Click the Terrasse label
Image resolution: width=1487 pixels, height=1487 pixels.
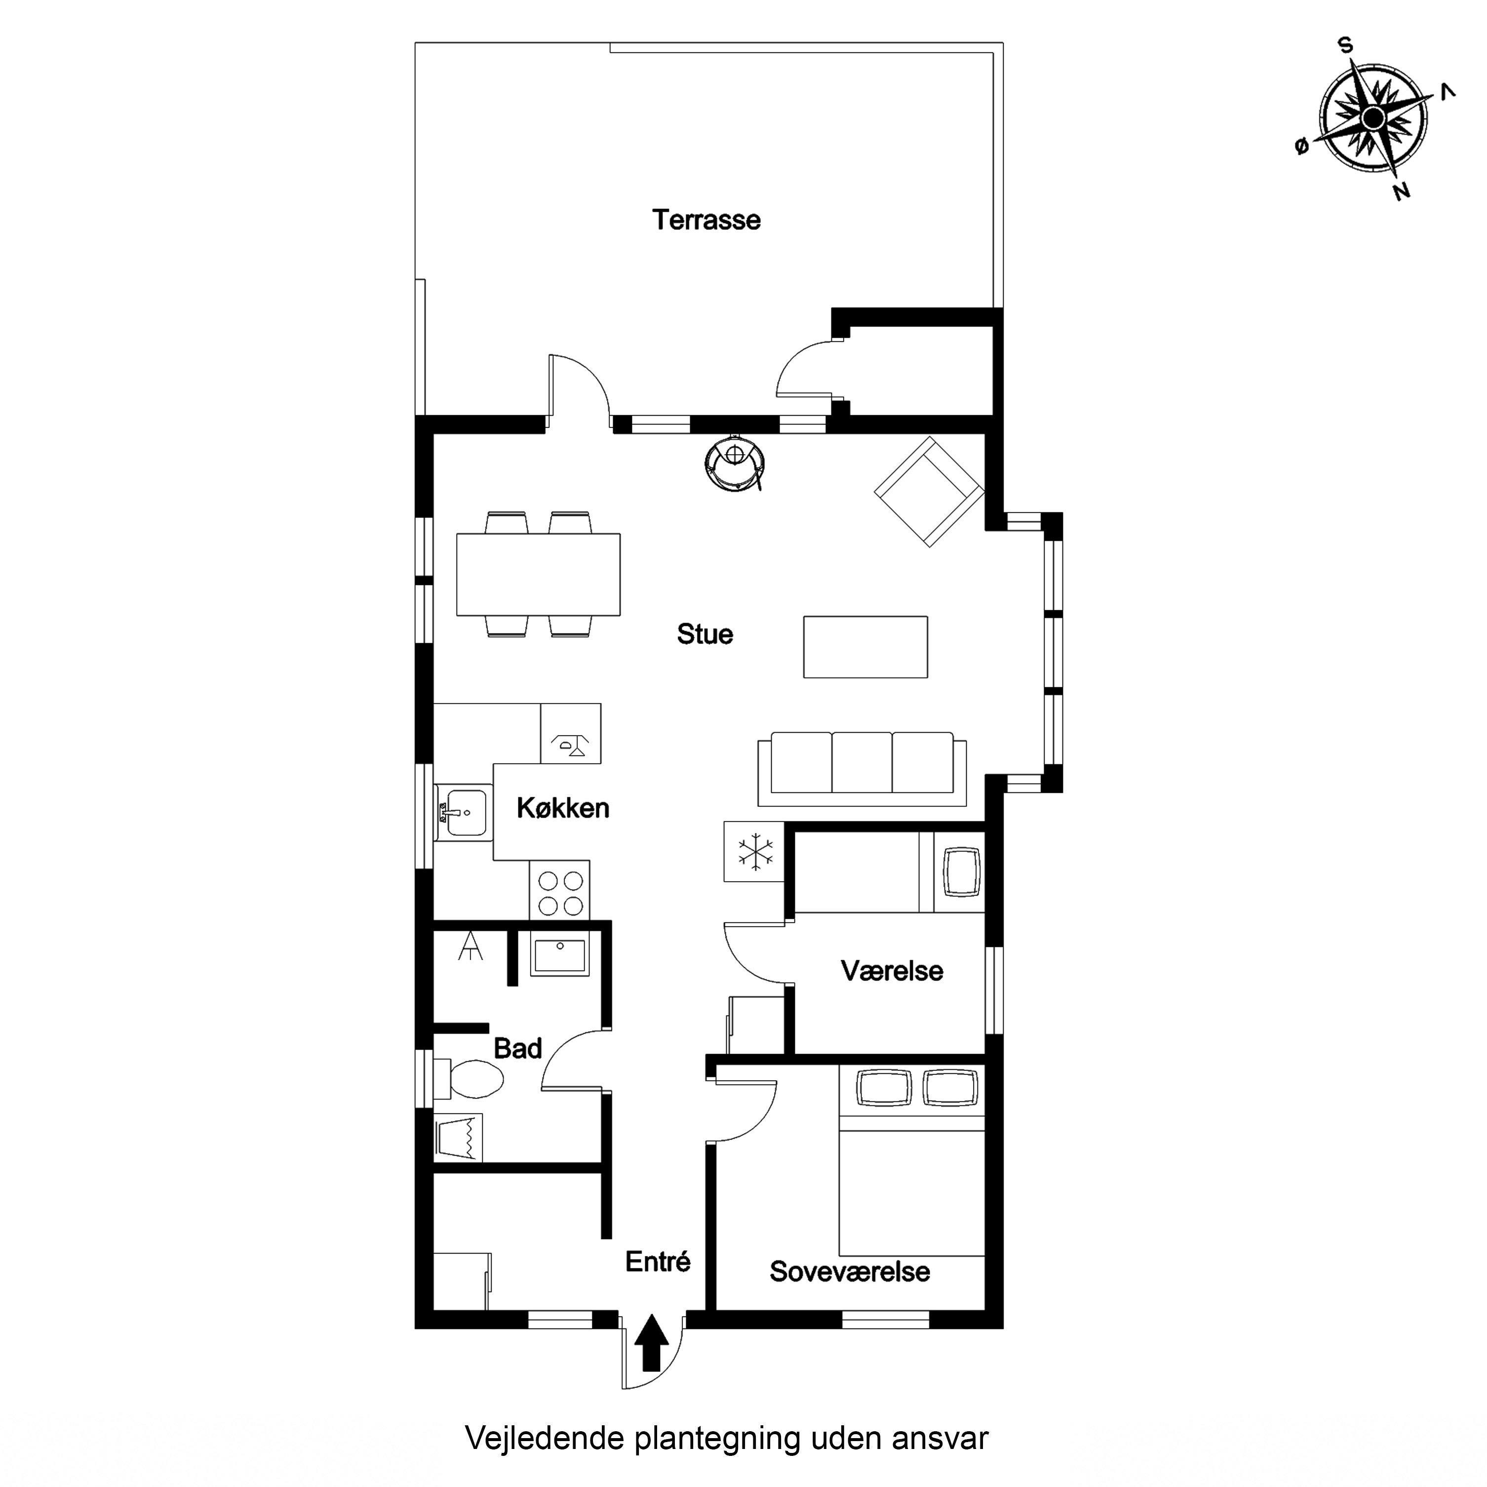(706, 220)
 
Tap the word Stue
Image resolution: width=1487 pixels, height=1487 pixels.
(705, 634)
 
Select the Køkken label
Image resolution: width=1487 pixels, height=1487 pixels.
(563, 808)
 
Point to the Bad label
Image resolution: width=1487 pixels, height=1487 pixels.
(518, 1048)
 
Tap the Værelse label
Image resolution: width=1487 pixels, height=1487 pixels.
(892, 971)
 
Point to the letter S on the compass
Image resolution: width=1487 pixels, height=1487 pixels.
(1345, 46)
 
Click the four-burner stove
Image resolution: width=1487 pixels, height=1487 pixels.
(559, 891)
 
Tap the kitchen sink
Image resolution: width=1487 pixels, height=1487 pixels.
(463, 813)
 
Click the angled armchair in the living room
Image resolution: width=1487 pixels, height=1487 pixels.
(929, 492)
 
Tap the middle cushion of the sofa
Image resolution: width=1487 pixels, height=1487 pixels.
(862, 762)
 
